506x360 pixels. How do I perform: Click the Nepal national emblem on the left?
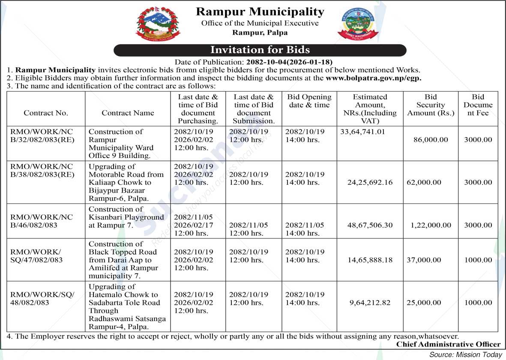[x=158, y=24]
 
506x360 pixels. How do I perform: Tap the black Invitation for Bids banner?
[x=260, y=50]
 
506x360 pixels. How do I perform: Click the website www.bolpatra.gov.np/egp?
[x=374, y=78]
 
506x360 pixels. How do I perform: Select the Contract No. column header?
[x=46, y=113]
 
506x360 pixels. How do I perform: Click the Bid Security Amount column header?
[x=431, y=105]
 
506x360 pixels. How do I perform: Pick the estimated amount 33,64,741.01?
[x=363, y=132]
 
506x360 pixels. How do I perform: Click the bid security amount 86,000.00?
[x=431, y=140]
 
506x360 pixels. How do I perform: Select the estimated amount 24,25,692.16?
[x=370, y=182]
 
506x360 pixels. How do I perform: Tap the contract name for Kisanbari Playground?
[x=126, y=217]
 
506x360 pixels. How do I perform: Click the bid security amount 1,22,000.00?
[x=431, y=225]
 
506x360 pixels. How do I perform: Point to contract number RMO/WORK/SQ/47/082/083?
[x=36, y=256]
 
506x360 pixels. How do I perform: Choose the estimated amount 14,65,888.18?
[x=370, y=260]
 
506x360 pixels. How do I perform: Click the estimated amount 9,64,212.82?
[x=370, y=303]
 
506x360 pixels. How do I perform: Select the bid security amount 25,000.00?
[x=424, y=303]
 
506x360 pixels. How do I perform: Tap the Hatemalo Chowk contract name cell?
[x=127, y=306]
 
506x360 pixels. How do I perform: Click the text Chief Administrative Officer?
[x=448, y=344]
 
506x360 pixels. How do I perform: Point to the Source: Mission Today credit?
[x=466, y=354]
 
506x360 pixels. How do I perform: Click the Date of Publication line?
[x=254, y=62]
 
